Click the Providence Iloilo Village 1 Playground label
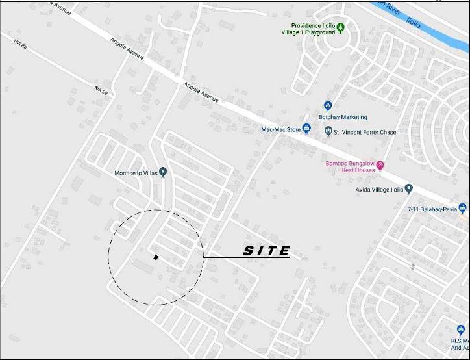(x=308, y=29)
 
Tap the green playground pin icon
(x=341, y=28)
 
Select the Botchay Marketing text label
(x=343, y=117)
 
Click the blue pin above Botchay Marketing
(x=328, y=105)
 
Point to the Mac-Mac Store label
(x=280, y=129)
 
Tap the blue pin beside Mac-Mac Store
(x=306, y=129)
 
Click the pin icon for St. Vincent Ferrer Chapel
(x=328, y=132)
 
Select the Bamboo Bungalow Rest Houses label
(x=351, y=166)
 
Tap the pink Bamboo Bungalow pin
(x=380, y=165)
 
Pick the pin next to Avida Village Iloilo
(x=409, y=189)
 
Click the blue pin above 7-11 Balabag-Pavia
(x=462, y=208)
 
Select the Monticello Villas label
(x=136, y=173)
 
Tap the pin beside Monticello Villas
(x=163, y=172)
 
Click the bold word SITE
(x=266, y=251)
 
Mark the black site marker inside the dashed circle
(x=156, y=257)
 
